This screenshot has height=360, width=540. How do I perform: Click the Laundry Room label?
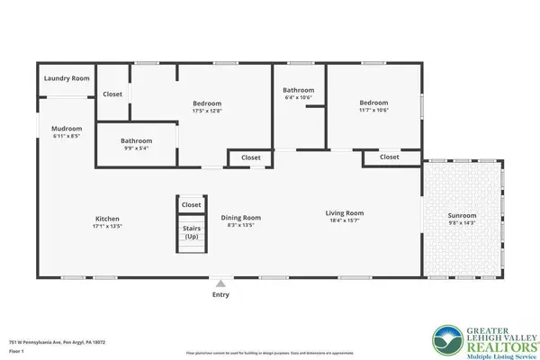[x=67, y=79]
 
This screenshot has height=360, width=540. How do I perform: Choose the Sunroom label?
[x=463, y=217]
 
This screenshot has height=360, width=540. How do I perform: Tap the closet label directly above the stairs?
[x=192, y=205]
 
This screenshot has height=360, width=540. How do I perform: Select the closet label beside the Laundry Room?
[x=112, y=94]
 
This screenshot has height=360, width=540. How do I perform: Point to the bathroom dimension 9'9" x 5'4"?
[x=137, y=148]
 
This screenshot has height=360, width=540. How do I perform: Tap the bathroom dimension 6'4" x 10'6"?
[x=298, y=97]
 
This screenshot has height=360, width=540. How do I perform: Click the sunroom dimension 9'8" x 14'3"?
[x=463, y=224]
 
